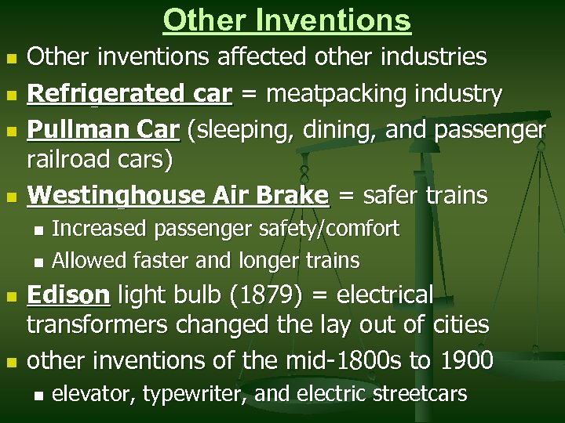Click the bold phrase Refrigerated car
pos(129,95)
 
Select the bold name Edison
pos(68,295)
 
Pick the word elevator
pos(95,392)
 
